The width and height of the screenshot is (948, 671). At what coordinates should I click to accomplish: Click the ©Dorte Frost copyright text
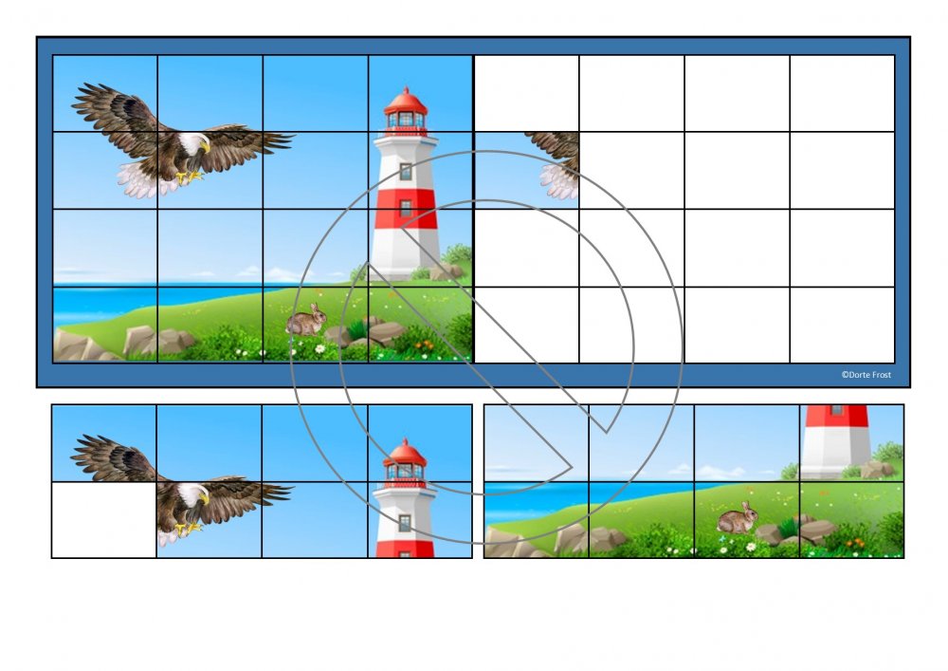pos(866,375)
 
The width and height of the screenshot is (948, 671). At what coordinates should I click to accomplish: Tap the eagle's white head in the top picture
pos(194,144)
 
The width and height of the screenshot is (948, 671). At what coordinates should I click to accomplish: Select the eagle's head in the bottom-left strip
pos(194,494)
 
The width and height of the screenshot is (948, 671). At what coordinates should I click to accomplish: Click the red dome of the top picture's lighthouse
pos(406,101)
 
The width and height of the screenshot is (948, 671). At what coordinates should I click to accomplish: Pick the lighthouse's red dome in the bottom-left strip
pos(405,452)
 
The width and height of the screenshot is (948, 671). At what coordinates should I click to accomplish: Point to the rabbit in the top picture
pos(306,320)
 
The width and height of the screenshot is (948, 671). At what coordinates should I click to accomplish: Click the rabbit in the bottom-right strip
pos(738,518)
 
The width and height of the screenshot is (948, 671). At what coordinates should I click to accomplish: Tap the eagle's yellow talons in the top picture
pos(190,177)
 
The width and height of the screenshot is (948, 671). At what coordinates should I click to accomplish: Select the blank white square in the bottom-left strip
pos(104,520)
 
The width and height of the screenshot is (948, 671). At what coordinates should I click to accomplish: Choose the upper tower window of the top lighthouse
pos(406,171)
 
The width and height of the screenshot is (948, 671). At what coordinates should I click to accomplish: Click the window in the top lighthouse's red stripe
pos(406,208)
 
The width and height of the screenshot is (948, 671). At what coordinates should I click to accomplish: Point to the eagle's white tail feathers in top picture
pos(140,180)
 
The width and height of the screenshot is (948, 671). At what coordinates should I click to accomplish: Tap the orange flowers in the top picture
pos(424,345)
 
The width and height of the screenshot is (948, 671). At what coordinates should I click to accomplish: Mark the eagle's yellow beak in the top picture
pos(206,146)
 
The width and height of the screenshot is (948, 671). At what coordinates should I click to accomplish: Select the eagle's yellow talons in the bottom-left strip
pos(188,529)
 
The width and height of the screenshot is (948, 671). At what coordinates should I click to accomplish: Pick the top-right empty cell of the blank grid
pos(842,93)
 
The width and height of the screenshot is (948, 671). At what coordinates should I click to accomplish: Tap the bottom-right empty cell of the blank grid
pos(842,325)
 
